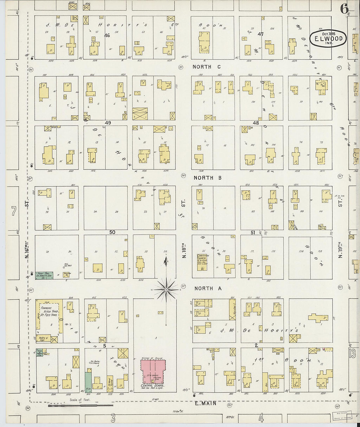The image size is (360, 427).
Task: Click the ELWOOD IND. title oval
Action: tap(328, 38)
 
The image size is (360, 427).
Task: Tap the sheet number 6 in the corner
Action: tap(344, 9)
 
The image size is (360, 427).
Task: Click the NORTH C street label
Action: tap(207, 67)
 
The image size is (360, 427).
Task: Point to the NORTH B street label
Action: tap(207, 178)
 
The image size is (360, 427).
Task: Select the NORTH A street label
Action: tap(208, 288)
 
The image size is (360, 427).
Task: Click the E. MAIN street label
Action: tap(206, 403)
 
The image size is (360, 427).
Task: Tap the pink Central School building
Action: tap(153, 372)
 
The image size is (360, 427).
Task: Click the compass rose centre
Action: tap(166, 290)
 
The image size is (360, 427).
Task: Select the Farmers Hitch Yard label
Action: tap(49, 311)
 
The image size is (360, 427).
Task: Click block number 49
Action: tap(108, 123)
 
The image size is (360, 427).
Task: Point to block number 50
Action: tap(112, 232)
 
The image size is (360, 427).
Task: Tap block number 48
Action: tap(256, 123)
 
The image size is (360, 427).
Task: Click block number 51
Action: tap(253, 232)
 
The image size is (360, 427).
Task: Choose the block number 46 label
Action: tap(107, 35)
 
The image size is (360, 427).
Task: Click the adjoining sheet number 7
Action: tap(13, 211)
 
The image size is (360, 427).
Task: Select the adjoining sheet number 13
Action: tap(352, 353)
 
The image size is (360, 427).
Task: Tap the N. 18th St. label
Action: tap(183, 250)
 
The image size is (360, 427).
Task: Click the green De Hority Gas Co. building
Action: tap(44, 275)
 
